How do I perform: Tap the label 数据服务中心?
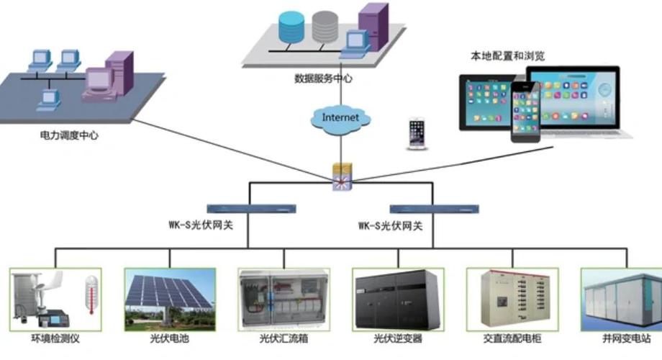323,78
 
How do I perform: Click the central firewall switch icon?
341,176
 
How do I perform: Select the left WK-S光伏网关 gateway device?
250,207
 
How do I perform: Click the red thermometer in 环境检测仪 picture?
91,295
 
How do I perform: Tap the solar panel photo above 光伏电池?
170,298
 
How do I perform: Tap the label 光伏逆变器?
397,338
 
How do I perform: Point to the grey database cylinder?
325,26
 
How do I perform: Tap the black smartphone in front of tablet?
525,112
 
